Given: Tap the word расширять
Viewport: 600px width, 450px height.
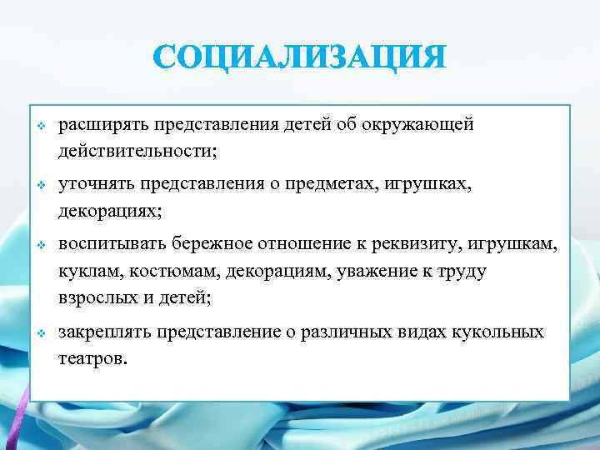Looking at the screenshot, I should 94,125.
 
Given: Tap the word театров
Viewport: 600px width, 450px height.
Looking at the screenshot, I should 92,359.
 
